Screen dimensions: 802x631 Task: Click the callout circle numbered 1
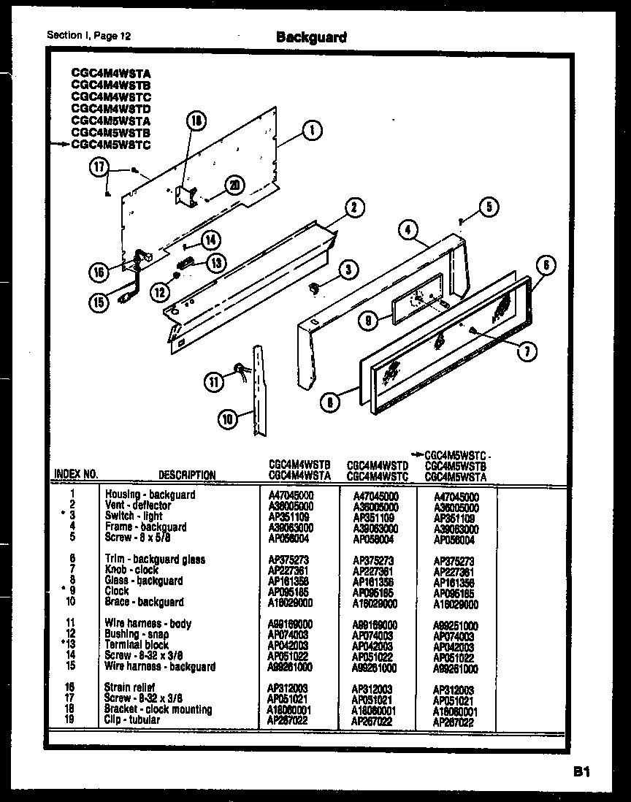(312, 131)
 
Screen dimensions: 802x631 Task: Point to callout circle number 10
(229, 419)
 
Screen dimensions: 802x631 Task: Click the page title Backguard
(311, 37)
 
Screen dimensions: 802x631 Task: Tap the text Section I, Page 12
(90, 35)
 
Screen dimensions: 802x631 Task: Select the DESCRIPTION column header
(187, 475)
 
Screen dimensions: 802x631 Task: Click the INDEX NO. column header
(75, 475)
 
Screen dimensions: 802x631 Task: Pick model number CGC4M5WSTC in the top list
(111, 145)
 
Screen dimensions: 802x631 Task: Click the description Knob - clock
(131, 570)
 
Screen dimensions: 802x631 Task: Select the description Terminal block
(137, 645)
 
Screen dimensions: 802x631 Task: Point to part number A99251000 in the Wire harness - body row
(456, 626)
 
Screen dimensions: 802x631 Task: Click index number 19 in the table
(71, 719)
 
